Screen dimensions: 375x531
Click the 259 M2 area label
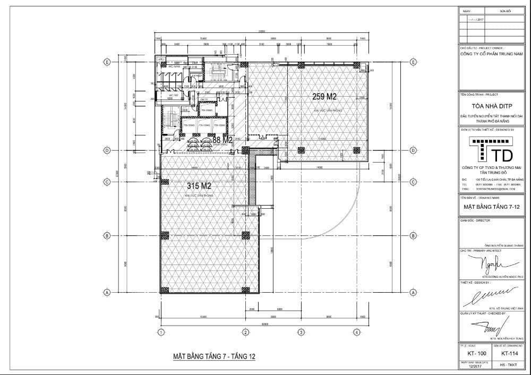pyautogui.click(x=324, y=97)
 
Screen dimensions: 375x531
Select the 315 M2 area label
pyautogui.click(x=199, y=186)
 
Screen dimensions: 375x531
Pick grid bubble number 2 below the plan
pyautogui.click(x=246, y=333)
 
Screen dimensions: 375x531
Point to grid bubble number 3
pyautogui.click(x=301, y=333)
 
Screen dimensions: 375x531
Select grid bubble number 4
pyautogui.click(x=357, y=333)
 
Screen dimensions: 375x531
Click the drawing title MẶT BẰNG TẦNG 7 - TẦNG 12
pyautogui.click(x=215, y=356)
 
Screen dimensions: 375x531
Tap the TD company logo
pyautogui.click(x=492, y=149)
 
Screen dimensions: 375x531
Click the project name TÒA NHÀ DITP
pyautogui.click(x=492, y=106)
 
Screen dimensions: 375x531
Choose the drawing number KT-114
pyautogui.click(x=509, y=353)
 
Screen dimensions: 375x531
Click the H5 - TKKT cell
pyautogui.click(x=509, y=365)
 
